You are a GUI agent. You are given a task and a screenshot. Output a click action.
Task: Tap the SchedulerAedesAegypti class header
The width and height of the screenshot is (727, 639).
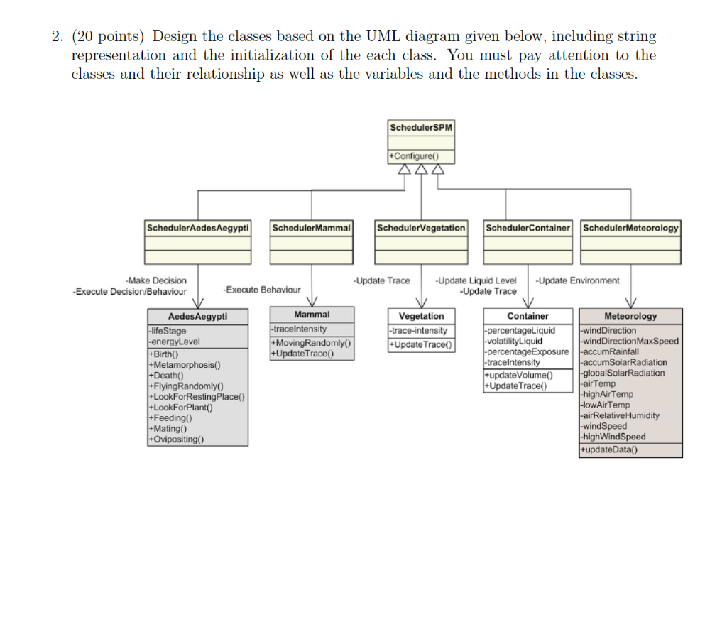click(197, 228)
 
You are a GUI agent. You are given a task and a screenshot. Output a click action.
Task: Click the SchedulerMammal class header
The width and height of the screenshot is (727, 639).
click(311, 228)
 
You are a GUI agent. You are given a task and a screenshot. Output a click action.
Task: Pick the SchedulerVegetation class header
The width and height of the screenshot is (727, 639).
click(421, 228)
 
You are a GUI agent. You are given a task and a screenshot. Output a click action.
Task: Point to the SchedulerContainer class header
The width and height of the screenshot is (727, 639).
click(528, 228)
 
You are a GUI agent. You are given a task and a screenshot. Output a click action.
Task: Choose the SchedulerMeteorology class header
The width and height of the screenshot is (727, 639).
click(630, 228)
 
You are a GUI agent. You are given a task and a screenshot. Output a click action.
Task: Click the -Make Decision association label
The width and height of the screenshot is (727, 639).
click(155, 280)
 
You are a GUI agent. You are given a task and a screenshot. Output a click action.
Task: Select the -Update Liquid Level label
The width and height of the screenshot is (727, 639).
click(476, 280)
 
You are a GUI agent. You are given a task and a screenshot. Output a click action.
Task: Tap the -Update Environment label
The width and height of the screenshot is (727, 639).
click(577, 280)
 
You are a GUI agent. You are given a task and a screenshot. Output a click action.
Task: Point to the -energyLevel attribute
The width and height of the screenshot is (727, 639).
click(174, 341)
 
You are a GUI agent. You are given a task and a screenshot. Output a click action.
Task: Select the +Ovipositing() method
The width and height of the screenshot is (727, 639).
click(176, 439)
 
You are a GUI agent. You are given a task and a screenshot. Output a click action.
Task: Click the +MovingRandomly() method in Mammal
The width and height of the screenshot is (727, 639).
click(312, 344)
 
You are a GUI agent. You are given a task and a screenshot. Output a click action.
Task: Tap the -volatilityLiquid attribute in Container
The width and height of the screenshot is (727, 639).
click(514, 341)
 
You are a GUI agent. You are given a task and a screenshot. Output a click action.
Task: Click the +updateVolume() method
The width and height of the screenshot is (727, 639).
click(518, 375)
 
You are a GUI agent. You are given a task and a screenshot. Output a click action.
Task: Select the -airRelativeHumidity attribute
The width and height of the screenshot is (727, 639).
click(620, 415)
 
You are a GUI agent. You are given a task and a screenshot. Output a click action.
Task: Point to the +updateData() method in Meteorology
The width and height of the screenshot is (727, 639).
click(609, 449)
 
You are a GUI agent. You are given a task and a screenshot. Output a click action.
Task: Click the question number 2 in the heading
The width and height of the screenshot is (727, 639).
click(57, 36)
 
